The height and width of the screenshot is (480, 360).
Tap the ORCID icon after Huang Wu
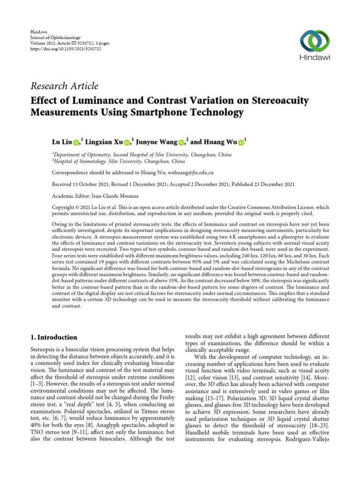click(241, 142)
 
